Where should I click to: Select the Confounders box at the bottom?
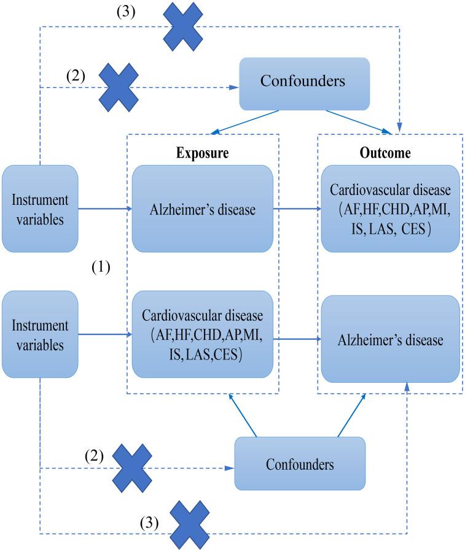pos(300,464)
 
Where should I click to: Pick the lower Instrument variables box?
pos(40,334)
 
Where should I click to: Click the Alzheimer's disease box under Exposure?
pos(203,209)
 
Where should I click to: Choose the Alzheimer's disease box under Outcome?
pos(390,339)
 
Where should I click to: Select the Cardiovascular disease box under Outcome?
pos(390,209)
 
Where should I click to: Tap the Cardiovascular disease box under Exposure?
pos(203,335)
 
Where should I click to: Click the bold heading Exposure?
pos(203,153)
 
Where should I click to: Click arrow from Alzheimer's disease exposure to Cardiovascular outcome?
pos(297,209)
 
